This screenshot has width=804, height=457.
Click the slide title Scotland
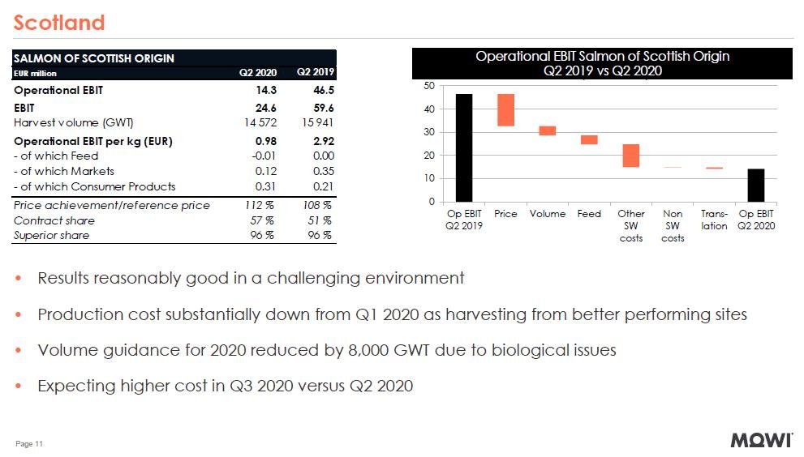[x=59, y=22]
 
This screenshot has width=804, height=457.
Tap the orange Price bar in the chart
[x=505, y=110]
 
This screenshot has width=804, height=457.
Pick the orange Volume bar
[x=548, y=130]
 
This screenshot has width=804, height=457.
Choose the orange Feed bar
[x=589, y=139]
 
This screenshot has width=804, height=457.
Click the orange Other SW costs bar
[x=630, y=156]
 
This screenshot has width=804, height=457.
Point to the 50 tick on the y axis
[x=430, y=86]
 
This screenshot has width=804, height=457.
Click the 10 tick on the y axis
[x=430, y=178]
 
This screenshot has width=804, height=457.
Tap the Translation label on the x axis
[x=714, y=220]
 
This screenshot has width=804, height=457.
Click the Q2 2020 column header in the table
[x=258, y=74]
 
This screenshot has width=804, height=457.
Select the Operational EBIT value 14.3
[x=266, y=90]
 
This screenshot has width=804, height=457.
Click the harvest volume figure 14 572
[x=260, y=122]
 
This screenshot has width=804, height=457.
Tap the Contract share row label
[x=54, y=220]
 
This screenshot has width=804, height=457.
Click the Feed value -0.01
[x=264, y=156]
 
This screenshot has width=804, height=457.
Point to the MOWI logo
[x=762, y=441]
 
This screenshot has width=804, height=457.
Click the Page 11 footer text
[x=29, y=444]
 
